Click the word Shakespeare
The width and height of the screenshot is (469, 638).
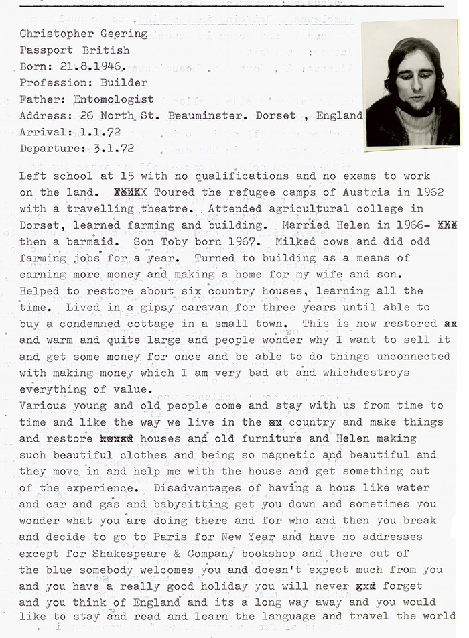120,554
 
